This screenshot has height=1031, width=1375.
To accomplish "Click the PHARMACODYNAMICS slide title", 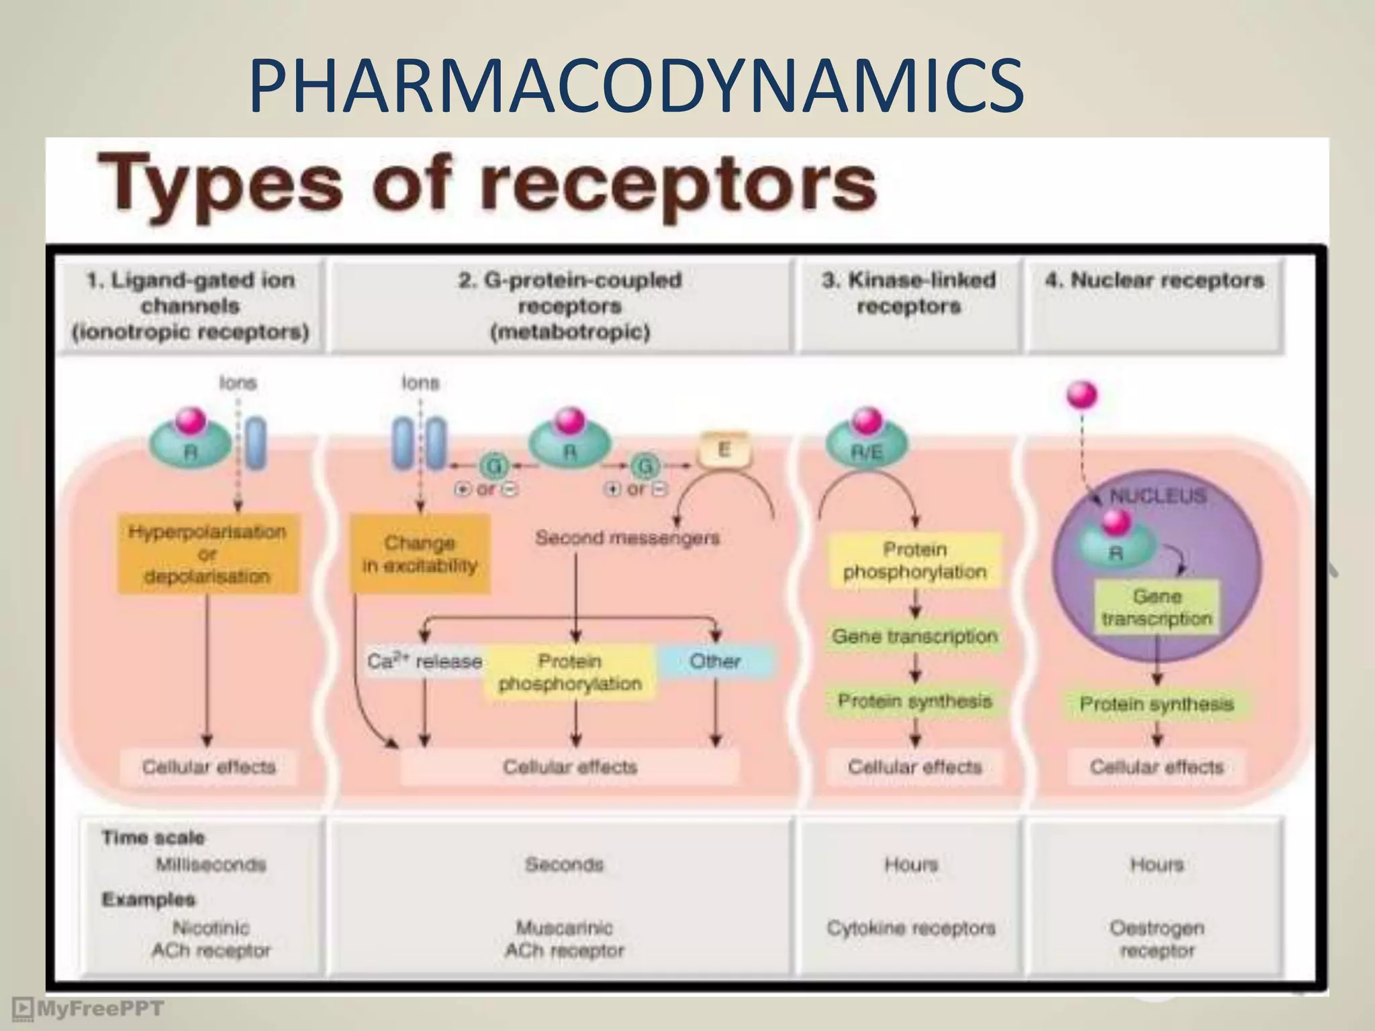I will pos(636,86).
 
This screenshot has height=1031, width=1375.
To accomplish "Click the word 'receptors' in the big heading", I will pos(678,183).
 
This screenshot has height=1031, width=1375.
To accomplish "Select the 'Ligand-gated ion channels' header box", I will pos(191,306).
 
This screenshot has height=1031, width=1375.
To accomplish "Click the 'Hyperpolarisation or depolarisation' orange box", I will pos(207,554).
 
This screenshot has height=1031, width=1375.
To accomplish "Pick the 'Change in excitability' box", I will pos(420,554).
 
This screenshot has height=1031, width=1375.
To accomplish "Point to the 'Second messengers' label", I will pos(627,538).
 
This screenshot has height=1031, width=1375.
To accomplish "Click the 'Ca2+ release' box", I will pos(424,661).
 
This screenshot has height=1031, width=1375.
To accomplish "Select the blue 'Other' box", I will pos(715,661).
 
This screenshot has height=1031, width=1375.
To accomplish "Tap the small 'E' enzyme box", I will pos(724,450).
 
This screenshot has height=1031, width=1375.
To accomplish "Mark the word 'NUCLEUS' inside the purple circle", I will pos(1157,496).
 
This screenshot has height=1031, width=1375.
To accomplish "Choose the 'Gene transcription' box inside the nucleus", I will pos(1157,607).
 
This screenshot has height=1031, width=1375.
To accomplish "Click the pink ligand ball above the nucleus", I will pos(1082,395).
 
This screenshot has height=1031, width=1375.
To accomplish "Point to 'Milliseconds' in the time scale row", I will pos(211,865).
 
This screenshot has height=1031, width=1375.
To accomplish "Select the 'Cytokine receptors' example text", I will pos(911,928).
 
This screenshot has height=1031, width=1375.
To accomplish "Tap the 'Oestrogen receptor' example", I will pos(1157,939).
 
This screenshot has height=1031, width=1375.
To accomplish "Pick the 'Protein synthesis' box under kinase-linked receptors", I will pos(914,701).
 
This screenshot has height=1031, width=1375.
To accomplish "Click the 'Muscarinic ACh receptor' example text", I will pos(564,939).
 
